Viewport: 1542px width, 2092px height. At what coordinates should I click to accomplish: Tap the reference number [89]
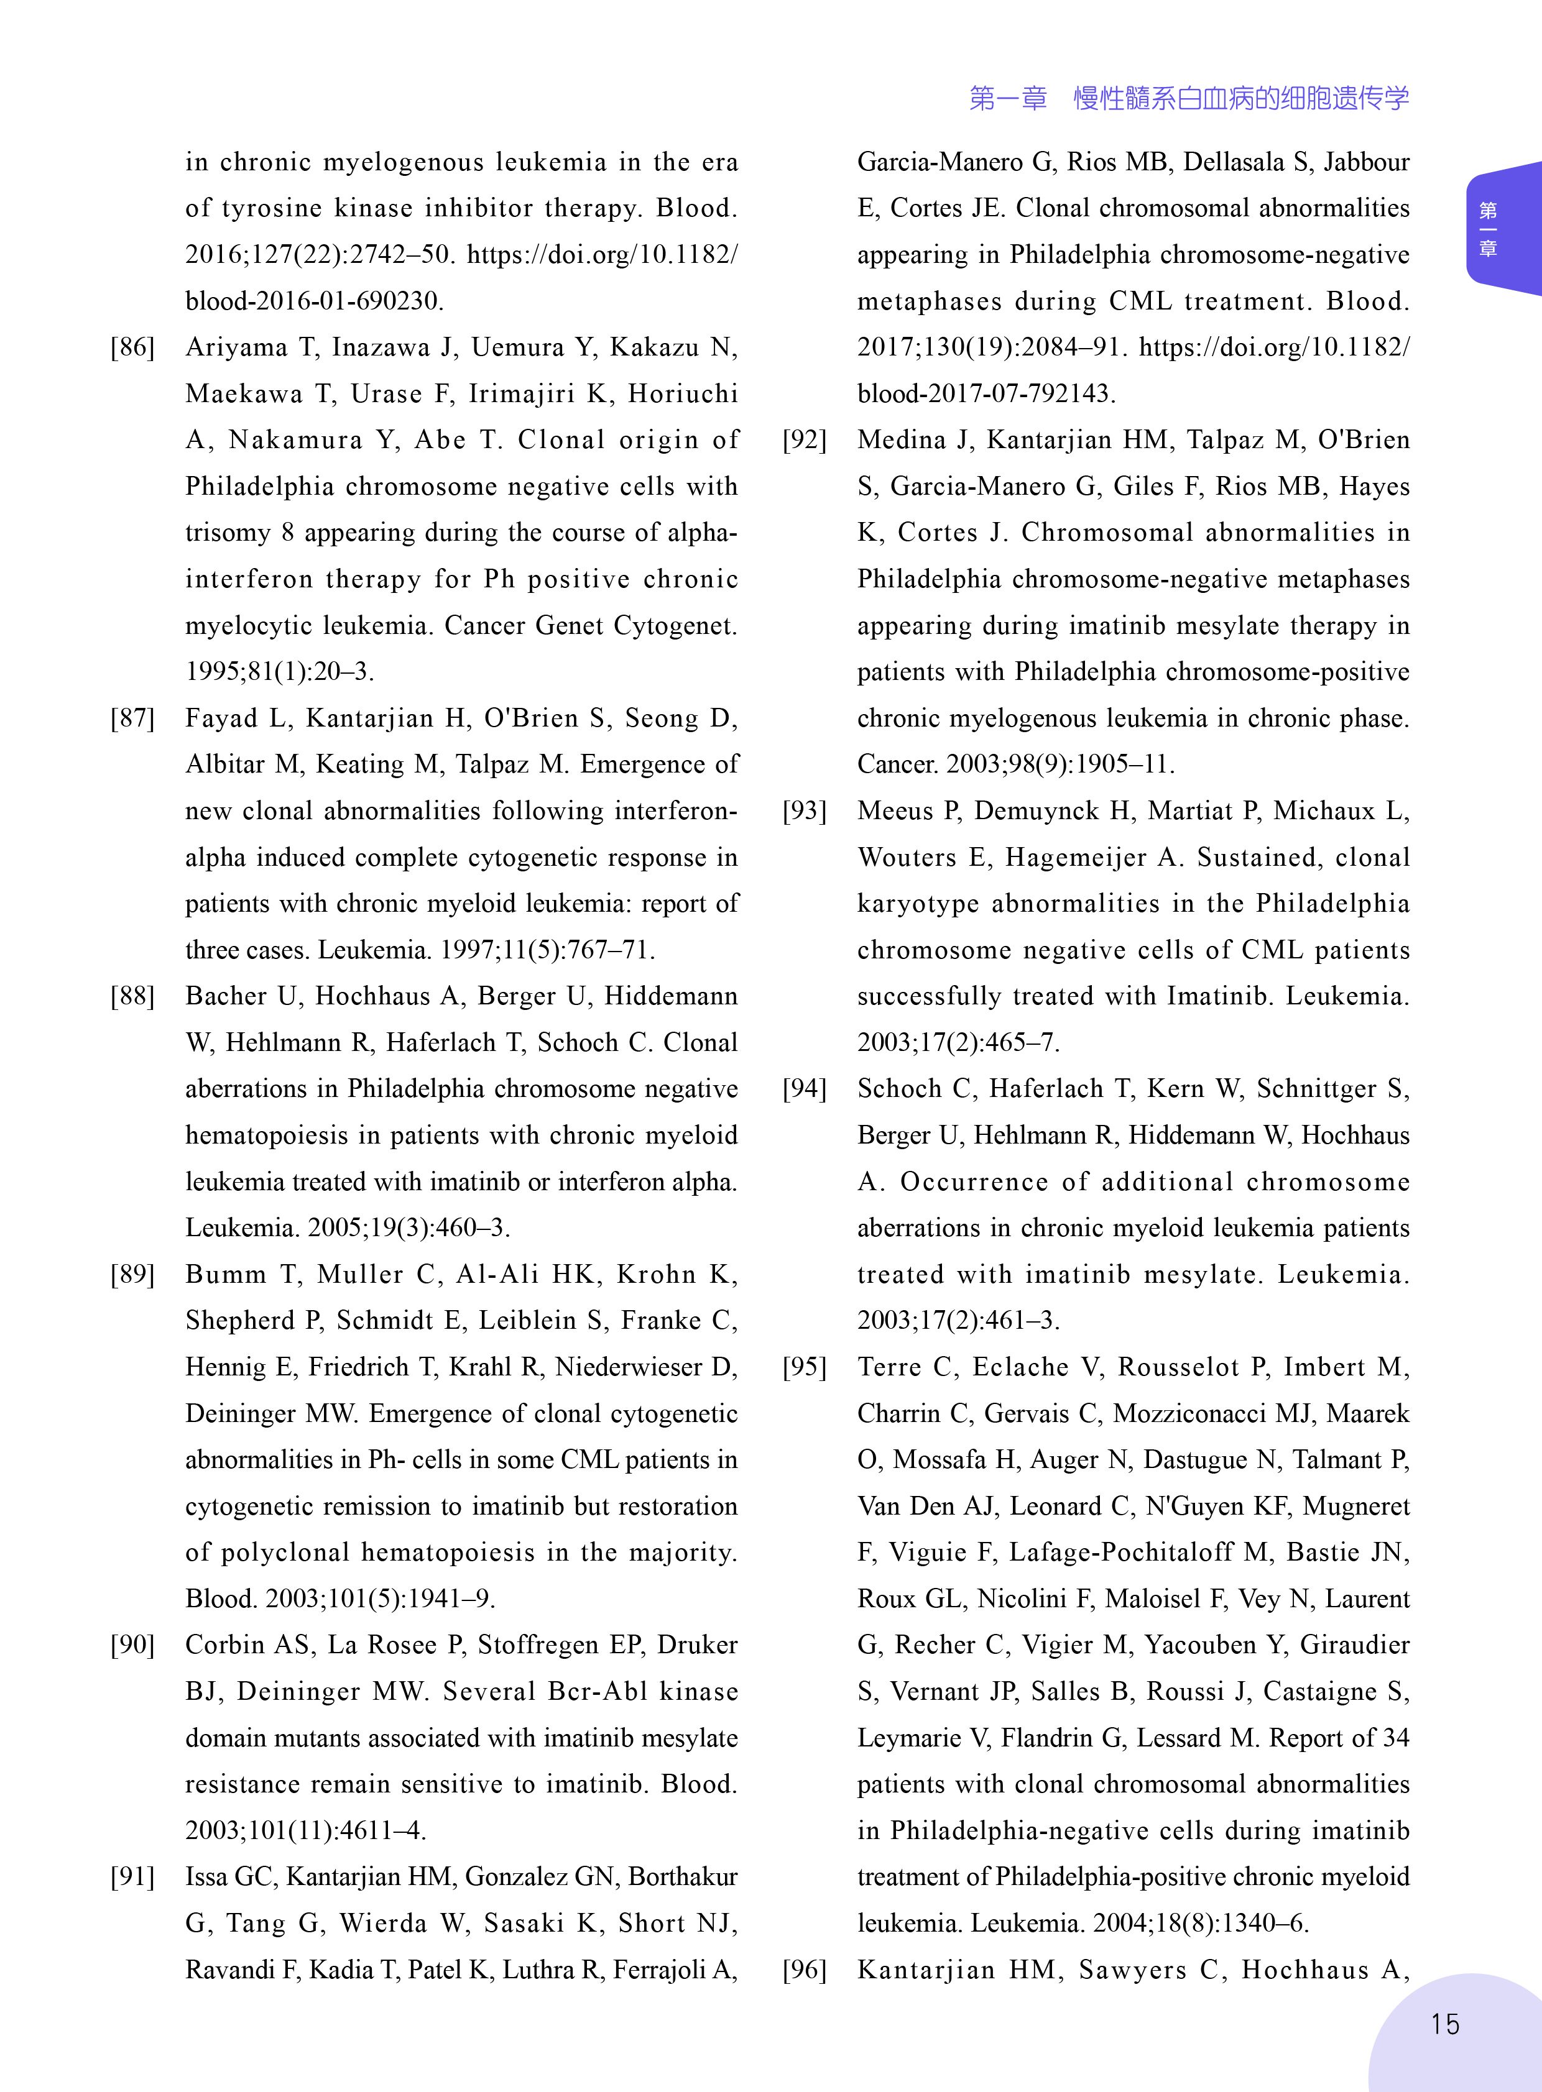pyautogui.click(x=132, y=1275)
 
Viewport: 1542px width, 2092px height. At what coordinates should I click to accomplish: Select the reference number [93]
pyautogui.click(x=805, y=811)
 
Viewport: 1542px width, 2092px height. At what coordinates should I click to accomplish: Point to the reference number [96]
pyautogui.click(x=805, y=1970)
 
